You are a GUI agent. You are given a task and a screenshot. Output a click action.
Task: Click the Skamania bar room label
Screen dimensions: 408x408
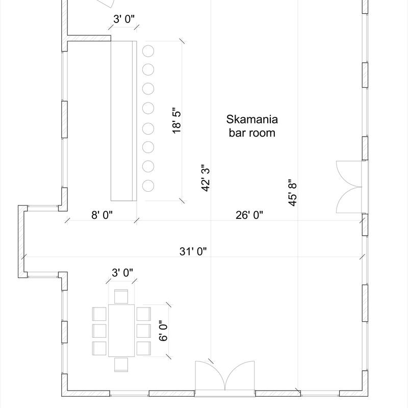[252, 126]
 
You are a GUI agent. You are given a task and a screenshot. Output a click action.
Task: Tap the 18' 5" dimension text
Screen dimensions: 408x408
[176, 120]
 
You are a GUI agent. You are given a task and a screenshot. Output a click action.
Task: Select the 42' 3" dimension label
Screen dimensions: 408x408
[206, 178]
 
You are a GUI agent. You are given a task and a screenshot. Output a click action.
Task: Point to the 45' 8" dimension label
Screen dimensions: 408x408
[293, 193]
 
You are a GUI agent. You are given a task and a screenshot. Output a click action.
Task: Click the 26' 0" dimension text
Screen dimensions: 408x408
[249, 215]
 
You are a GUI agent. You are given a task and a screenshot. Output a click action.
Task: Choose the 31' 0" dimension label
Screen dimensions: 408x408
[193, 251]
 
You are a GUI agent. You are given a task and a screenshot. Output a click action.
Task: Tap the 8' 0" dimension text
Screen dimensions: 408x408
[102, 215]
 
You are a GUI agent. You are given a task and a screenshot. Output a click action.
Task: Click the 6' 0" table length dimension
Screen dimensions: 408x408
[163, 330]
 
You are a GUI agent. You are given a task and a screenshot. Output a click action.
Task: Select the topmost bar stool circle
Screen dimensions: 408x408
[148, 51]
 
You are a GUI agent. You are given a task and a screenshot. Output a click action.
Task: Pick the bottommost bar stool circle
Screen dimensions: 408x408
[148, 186]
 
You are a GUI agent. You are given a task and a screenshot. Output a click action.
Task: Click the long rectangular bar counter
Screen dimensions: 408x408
[124, 121]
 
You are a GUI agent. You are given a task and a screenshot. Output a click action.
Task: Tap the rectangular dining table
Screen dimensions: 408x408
[121, 330]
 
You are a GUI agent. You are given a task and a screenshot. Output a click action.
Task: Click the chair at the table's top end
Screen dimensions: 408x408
[121, 297]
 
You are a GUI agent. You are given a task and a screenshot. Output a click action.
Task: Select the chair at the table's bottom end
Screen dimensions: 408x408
[121, 365]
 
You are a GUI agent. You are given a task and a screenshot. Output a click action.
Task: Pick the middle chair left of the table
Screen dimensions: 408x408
[99, 330]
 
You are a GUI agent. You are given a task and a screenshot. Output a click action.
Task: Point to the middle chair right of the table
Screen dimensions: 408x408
[144, 330]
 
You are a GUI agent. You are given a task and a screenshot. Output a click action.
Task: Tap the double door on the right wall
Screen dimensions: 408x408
[352, 187]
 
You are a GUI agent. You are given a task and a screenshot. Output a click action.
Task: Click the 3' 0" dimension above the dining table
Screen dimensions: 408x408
[122, 273]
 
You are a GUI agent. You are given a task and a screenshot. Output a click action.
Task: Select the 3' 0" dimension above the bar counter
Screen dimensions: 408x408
[124, 19]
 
